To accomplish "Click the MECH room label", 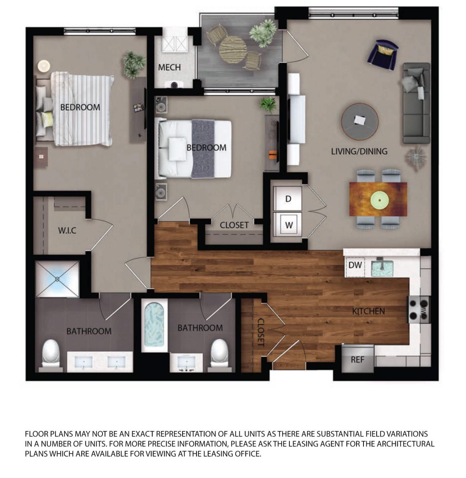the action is [x=169, y=67].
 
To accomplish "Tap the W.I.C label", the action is [x=67, y=230].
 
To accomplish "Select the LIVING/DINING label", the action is [x=359, y=151].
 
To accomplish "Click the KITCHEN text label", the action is [x=369, y=311].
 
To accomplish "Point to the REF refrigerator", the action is [x=358, y=359].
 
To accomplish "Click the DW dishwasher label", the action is [x=355, y=265].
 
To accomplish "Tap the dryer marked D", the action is [x=288, y=198].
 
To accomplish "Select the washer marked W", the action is [x=288, y=224].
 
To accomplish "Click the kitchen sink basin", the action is [x=382, y=268].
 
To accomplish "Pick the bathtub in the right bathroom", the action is [x=154, y=325].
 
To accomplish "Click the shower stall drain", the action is [x=57, y=279].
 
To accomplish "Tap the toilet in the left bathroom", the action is [x=51, y=353].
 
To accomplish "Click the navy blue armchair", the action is [x=382, y=54].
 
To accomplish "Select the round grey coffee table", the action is [x=360, y=122].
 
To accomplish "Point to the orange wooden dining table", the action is [x=378, y=199].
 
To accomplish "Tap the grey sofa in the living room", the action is [x=416, y=103].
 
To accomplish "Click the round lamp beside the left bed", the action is [x=44, y=66].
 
